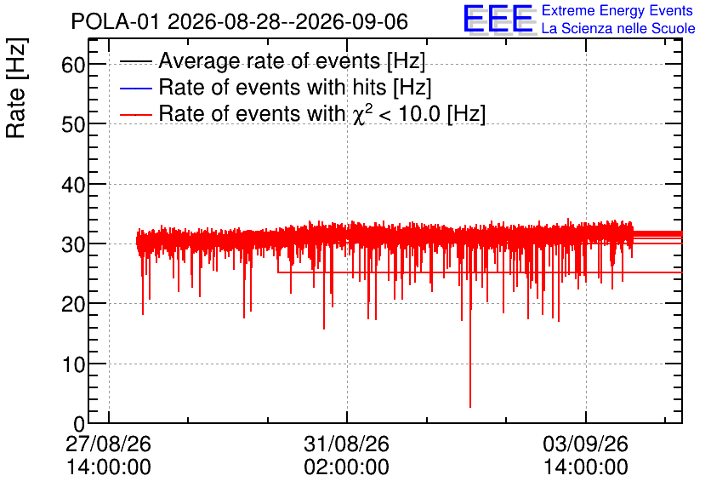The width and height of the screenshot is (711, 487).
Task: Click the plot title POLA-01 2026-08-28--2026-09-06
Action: (240, 21)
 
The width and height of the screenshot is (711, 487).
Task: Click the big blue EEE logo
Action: (498, 19)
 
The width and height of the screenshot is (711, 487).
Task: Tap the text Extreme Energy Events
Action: (617, 10)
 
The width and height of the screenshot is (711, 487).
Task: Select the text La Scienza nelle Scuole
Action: (618, 28)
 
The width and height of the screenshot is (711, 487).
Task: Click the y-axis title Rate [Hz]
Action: (16, 88)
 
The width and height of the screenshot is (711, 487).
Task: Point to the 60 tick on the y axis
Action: (73, 65)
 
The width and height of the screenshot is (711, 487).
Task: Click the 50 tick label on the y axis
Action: (73, 125)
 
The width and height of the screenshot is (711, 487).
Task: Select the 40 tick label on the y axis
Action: (73, 185)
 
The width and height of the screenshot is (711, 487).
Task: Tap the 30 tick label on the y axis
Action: (73, 244)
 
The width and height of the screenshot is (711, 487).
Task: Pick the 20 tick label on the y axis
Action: (73, 304)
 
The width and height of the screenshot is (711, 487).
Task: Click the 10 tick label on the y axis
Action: (73, 364)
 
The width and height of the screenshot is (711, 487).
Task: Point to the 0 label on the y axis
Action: (79, 424)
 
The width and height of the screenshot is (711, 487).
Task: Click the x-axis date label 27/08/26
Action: (108, 444)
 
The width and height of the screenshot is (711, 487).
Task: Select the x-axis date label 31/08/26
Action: (346, 444)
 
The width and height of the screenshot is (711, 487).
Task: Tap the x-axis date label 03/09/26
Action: (585, 444)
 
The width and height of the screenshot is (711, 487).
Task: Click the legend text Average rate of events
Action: (270, 60)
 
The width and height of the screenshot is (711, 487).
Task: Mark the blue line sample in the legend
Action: (135, 88)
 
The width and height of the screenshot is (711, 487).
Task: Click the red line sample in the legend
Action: (135, 114)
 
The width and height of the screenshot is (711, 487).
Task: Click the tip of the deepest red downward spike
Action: (470, 407)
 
